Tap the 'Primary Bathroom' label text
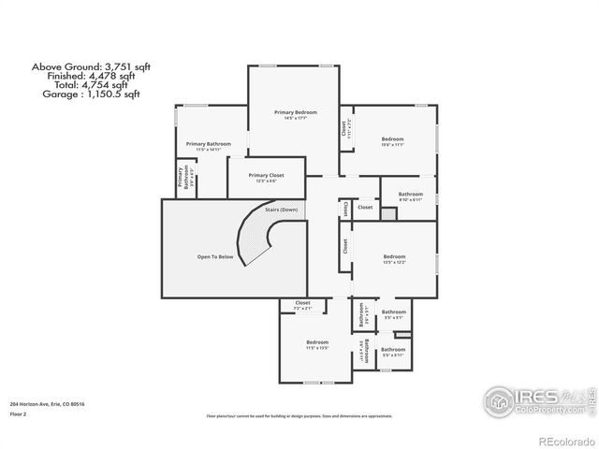[x=208, y=143]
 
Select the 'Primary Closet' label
[x=266, y=175]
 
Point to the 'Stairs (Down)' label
[x=281, y=210]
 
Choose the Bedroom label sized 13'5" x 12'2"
[x=394, y=256]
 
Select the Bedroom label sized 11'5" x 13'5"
[x=317, y=342]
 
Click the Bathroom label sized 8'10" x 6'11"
[x=410, y=195]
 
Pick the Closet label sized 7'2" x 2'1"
[x=303, y=302]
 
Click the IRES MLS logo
[x=533, y=399]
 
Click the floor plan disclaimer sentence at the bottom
[x=299, y=414]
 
